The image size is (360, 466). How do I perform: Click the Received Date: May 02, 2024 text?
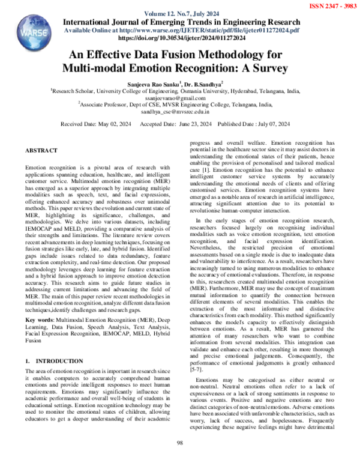coord(96,124)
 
